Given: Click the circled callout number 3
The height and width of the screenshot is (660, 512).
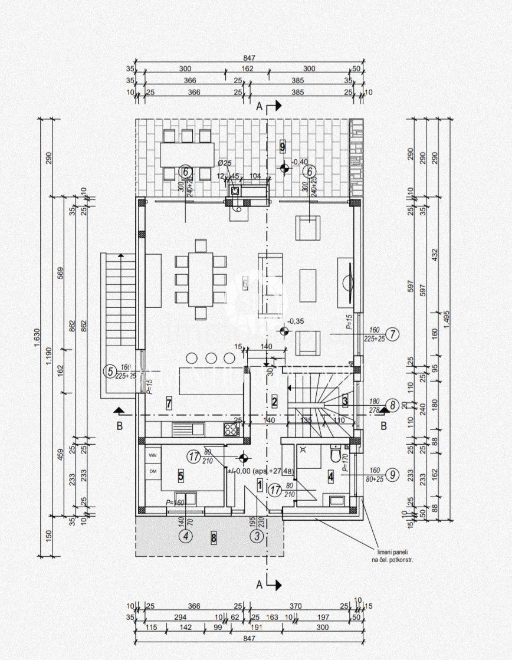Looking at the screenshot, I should click(257, 536).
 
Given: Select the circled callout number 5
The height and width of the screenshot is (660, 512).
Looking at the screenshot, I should click(109, 372).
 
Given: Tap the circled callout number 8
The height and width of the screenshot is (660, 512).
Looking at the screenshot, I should click(391, 405).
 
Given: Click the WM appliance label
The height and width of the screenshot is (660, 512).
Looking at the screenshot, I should click(152, 456).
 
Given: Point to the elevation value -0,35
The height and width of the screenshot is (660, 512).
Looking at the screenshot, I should click(296, 321).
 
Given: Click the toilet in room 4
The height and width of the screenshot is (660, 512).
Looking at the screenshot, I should click(335, 455).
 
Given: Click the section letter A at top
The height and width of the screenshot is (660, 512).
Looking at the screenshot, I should click(258, 107).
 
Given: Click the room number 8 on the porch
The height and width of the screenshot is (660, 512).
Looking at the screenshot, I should click(214, 537).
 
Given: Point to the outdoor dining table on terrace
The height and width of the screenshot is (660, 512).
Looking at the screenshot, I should click(187, 155).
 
